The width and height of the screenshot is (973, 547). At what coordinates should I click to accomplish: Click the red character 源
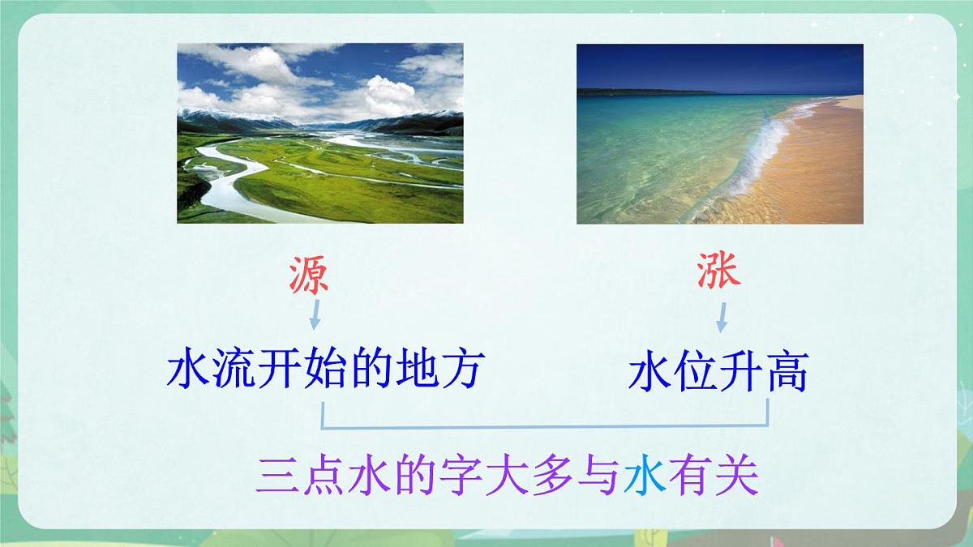point(309,276)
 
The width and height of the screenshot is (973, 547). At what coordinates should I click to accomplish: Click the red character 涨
point(719,270)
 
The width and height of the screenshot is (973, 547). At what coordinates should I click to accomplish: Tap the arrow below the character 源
point(315,314)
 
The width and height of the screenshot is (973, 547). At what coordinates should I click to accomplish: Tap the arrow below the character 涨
point(721,317)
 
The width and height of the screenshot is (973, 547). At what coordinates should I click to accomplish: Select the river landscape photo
point(320,133)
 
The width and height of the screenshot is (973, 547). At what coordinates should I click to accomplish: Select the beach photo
point(719,134)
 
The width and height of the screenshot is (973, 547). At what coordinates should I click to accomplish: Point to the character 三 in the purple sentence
point(276,478)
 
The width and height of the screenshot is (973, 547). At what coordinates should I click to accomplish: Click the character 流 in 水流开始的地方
point(234,370)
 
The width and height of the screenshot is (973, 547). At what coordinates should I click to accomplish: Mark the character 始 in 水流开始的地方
point(325,370)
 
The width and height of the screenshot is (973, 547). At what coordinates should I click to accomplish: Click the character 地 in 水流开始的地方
point(416,370)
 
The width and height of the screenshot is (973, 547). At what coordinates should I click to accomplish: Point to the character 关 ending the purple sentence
point(736,478)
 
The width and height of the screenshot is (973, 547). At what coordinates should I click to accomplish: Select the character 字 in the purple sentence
point(461,478)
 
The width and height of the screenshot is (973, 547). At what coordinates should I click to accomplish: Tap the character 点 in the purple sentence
point(323,478)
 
